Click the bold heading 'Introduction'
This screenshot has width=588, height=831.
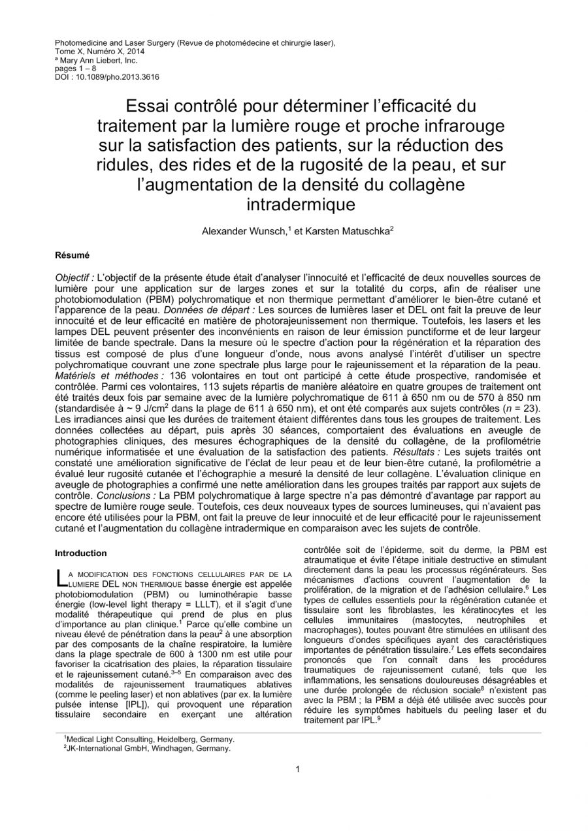[80, 553]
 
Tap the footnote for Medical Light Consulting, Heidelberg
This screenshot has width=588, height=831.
[150, 740]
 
